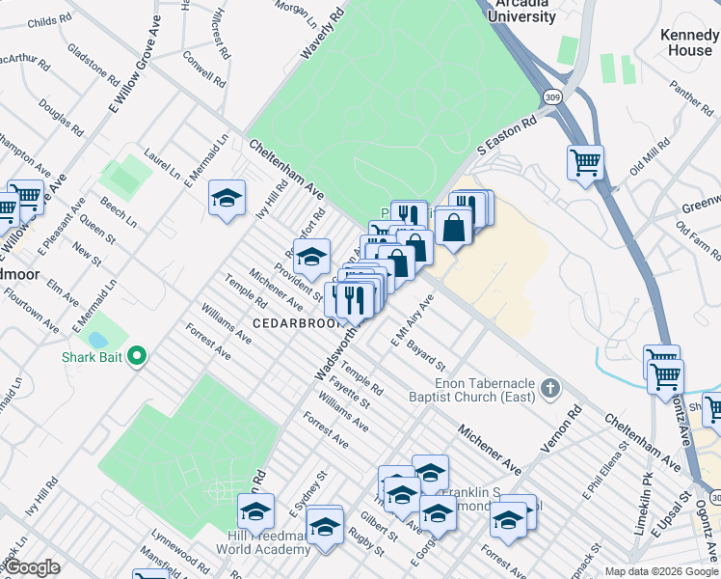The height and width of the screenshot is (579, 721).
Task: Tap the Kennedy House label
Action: (686, 41)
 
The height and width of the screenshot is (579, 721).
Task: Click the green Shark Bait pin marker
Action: (136, 357)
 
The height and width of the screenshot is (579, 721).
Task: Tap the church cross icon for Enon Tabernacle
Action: (549, 389)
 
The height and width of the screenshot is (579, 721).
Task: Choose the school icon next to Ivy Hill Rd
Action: (226, 198)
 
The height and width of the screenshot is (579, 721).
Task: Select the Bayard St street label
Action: (425, 354)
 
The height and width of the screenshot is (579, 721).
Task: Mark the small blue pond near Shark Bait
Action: (97, 340)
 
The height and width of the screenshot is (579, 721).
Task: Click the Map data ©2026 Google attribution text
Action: (661, 570)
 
